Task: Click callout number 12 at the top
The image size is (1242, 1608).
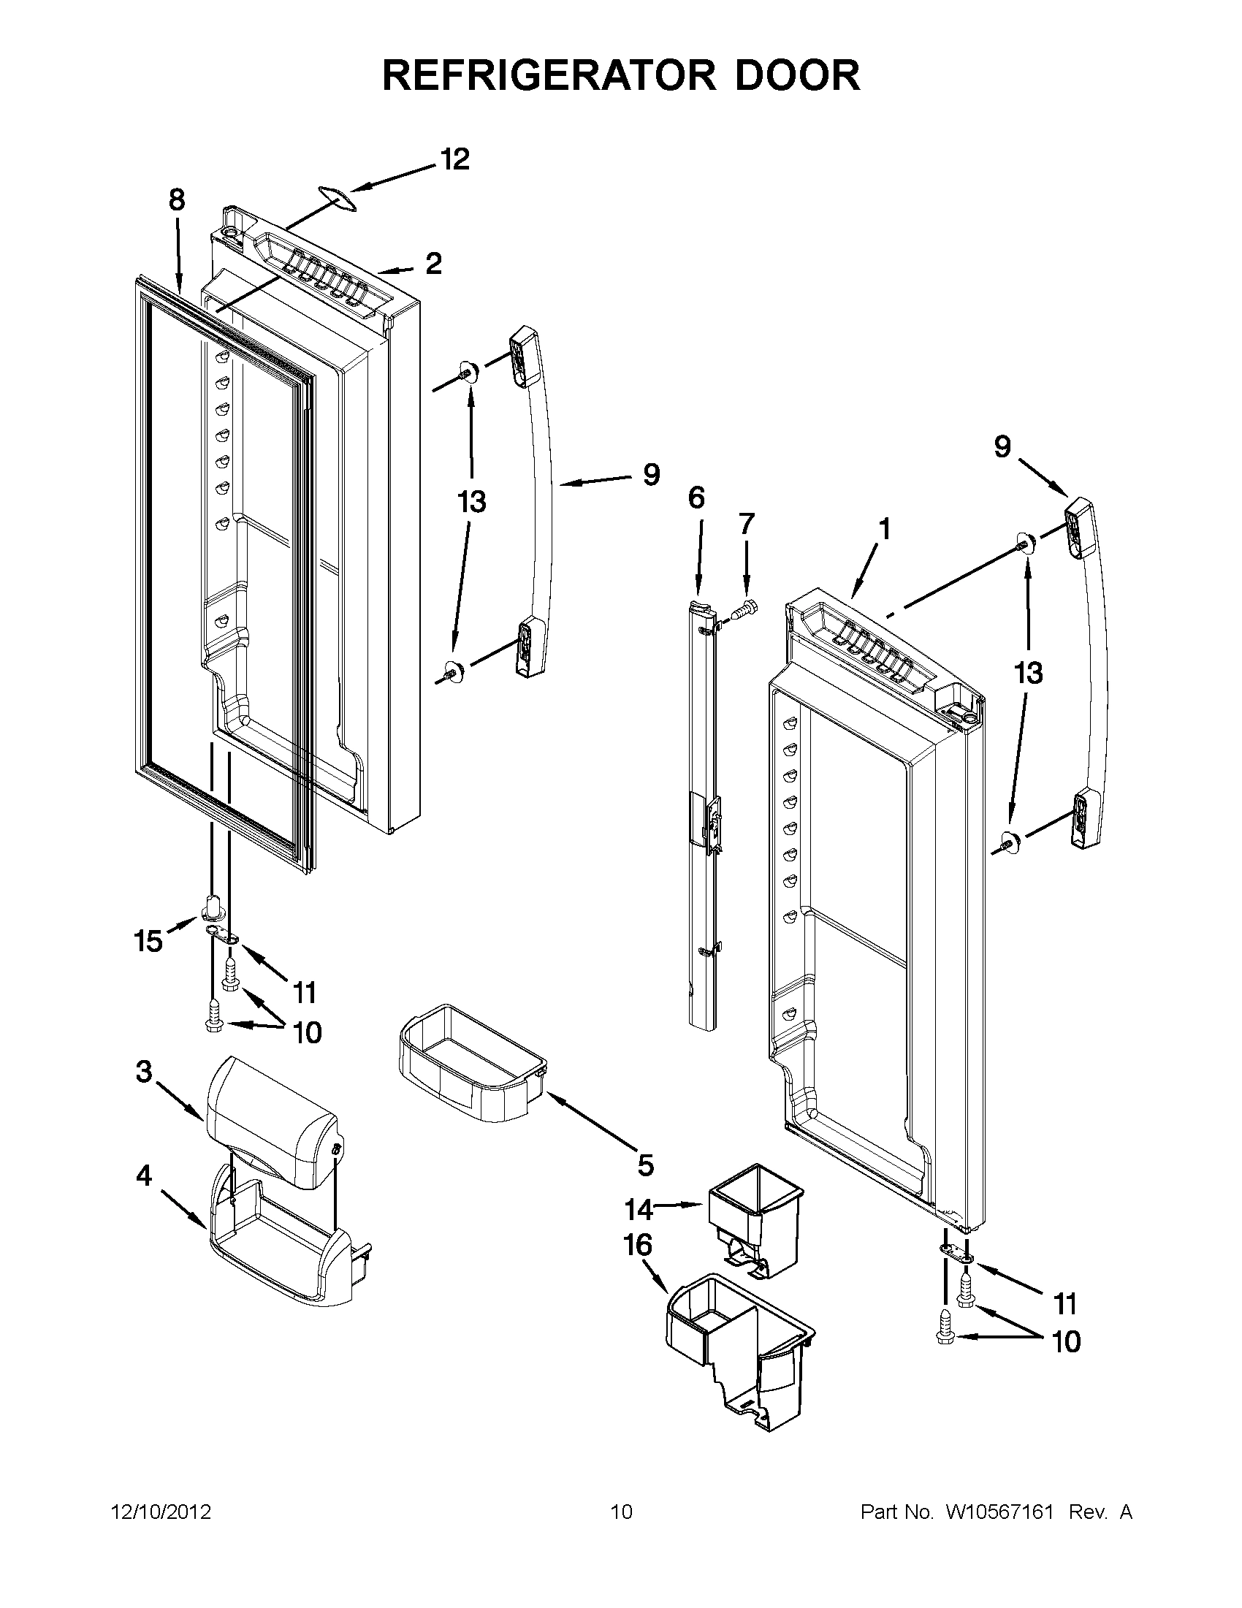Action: tap(455, 160)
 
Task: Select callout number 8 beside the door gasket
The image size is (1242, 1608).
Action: tap(177, 200)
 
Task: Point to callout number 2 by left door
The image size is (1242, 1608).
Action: tap(434, 264)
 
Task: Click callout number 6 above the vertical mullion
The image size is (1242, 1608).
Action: tap(696, 498)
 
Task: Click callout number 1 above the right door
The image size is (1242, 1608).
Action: tap(884, 529)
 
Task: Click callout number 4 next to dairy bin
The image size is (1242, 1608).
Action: tap(144, 1175)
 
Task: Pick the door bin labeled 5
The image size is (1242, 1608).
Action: tap(471, 1065)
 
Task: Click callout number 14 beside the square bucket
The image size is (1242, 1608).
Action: tap(639, 1209)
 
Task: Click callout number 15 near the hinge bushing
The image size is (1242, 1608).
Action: tap(148, 941)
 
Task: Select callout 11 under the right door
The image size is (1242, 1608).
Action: tap(1065, 1304)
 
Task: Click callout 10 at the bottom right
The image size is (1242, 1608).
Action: tap(1065, 1341)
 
